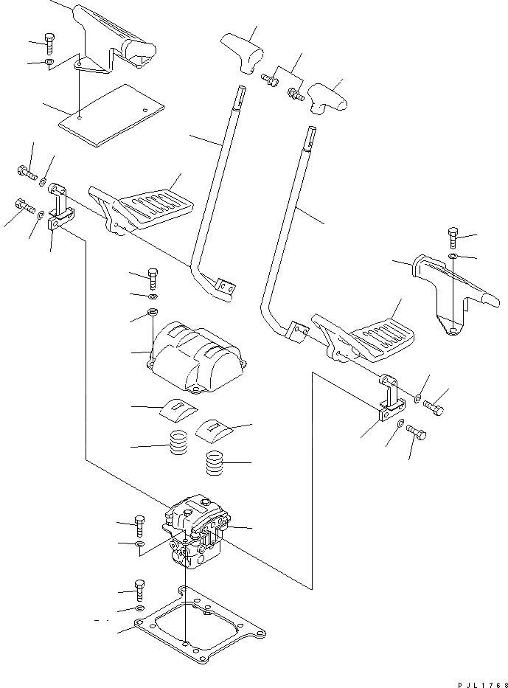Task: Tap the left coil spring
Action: coord(178,444)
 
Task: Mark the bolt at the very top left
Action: coord(49,42)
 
